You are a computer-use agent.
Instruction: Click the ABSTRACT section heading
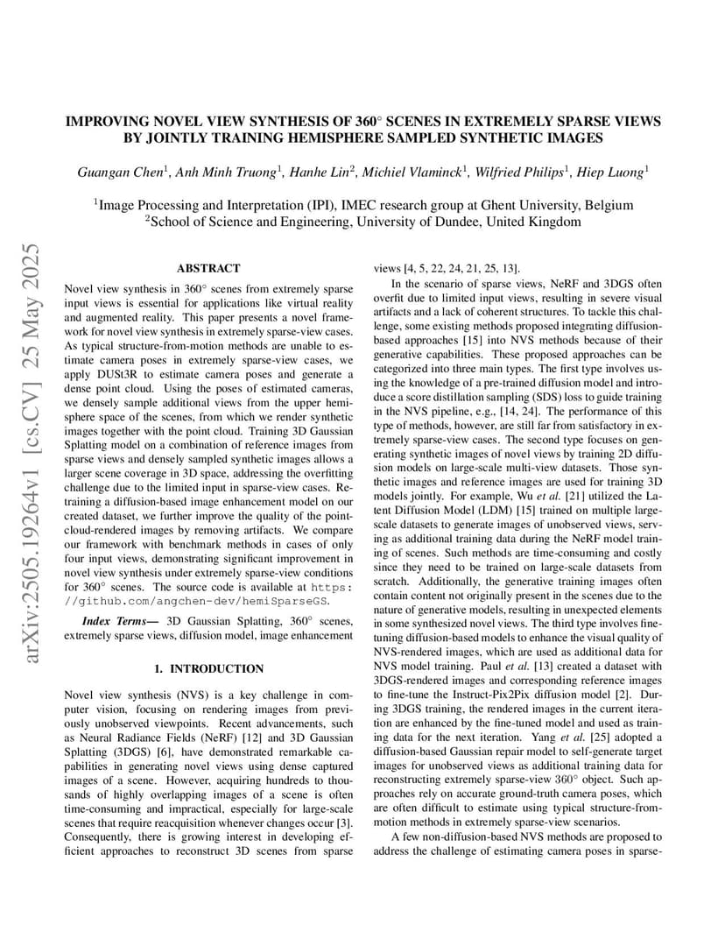pyautogui.click(x=208, y=268)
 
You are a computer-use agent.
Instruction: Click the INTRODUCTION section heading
pyautogui.click(x=208, y=669)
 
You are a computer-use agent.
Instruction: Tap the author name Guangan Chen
pyautogui.click(x=117, y=173)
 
